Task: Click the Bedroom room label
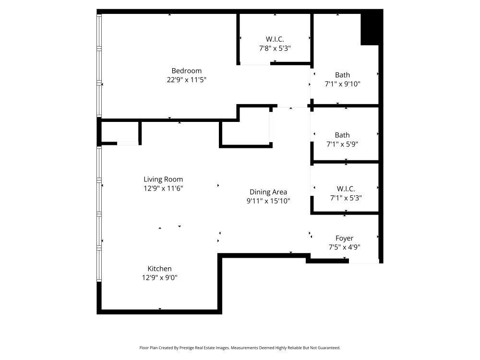(186, 71)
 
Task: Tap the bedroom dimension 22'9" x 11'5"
(186, 80)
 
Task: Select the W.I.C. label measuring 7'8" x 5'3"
(275, 39)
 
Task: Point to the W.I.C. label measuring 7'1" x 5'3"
(346, 189)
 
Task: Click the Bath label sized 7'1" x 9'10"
(342, 75)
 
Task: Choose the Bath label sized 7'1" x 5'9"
(342, 135)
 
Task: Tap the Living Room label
(163, 180)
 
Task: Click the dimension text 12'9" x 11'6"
(163, 189)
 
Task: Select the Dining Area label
(268, 192)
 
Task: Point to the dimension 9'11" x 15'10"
(268, 201)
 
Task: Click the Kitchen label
(159, 269)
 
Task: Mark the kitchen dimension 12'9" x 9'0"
(159, 277)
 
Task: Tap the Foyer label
(344, 238)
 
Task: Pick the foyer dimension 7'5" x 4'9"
(344, 247)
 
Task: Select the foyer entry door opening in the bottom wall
(363, 262)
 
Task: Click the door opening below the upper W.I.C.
(255, 64)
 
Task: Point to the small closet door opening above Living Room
(128, 143)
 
